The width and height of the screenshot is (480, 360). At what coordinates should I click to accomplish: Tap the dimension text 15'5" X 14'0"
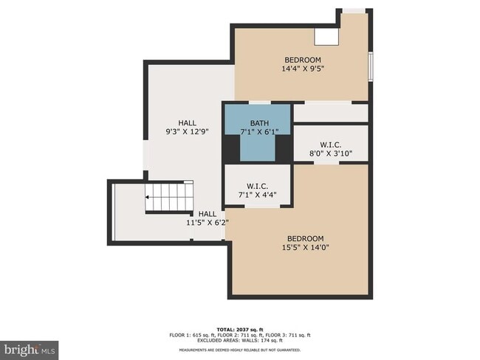[x=306, y=248]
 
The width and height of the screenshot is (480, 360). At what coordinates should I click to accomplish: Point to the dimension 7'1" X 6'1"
[x=259, y=132]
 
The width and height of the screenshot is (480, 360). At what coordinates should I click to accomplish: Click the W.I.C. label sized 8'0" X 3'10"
[x=330, y=145]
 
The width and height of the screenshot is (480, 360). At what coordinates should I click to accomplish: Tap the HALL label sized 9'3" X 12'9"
[x=188, y=122]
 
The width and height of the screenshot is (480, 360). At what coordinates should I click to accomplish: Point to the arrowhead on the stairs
[x=147, y=198]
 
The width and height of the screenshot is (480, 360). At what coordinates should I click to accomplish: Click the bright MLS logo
[x=30, y=347]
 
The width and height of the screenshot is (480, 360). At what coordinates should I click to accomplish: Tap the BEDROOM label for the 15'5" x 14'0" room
[x=306, y=238]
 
